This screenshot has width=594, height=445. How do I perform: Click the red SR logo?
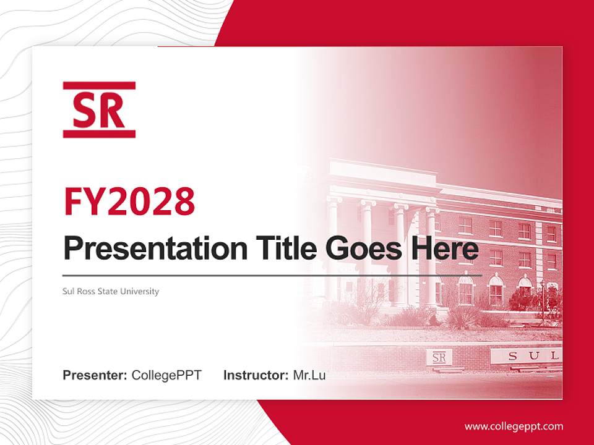(99, 110)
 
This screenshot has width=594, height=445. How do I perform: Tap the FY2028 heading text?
(129, 201)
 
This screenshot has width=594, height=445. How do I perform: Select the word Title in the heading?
(283, 248)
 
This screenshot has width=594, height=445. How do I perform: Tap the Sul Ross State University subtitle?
(111, 291)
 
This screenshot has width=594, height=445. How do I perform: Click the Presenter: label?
(95, 375)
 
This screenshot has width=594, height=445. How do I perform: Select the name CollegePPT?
(166, 375)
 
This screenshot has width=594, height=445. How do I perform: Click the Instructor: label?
(256, 375)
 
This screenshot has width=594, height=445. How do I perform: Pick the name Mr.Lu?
(309, 375)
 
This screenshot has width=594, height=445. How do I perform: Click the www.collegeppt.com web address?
(514, 426)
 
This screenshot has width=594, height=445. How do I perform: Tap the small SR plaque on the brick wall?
(439, 357)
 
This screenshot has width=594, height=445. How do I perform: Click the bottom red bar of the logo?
(99, 133)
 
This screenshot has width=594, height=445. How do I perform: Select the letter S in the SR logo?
(85, 110)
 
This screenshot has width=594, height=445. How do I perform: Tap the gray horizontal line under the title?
(272, 275)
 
